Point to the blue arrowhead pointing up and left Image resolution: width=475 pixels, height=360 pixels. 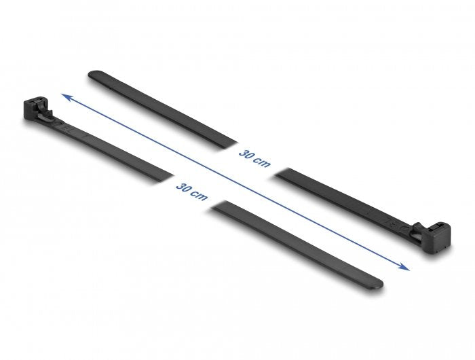click(65, 97)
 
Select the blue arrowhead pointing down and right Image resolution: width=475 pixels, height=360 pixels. click(406, 267)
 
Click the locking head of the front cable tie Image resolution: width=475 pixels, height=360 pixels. click(34, 110)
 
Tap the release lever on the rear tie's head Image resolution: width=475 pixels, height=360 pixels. click(421, 231)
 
